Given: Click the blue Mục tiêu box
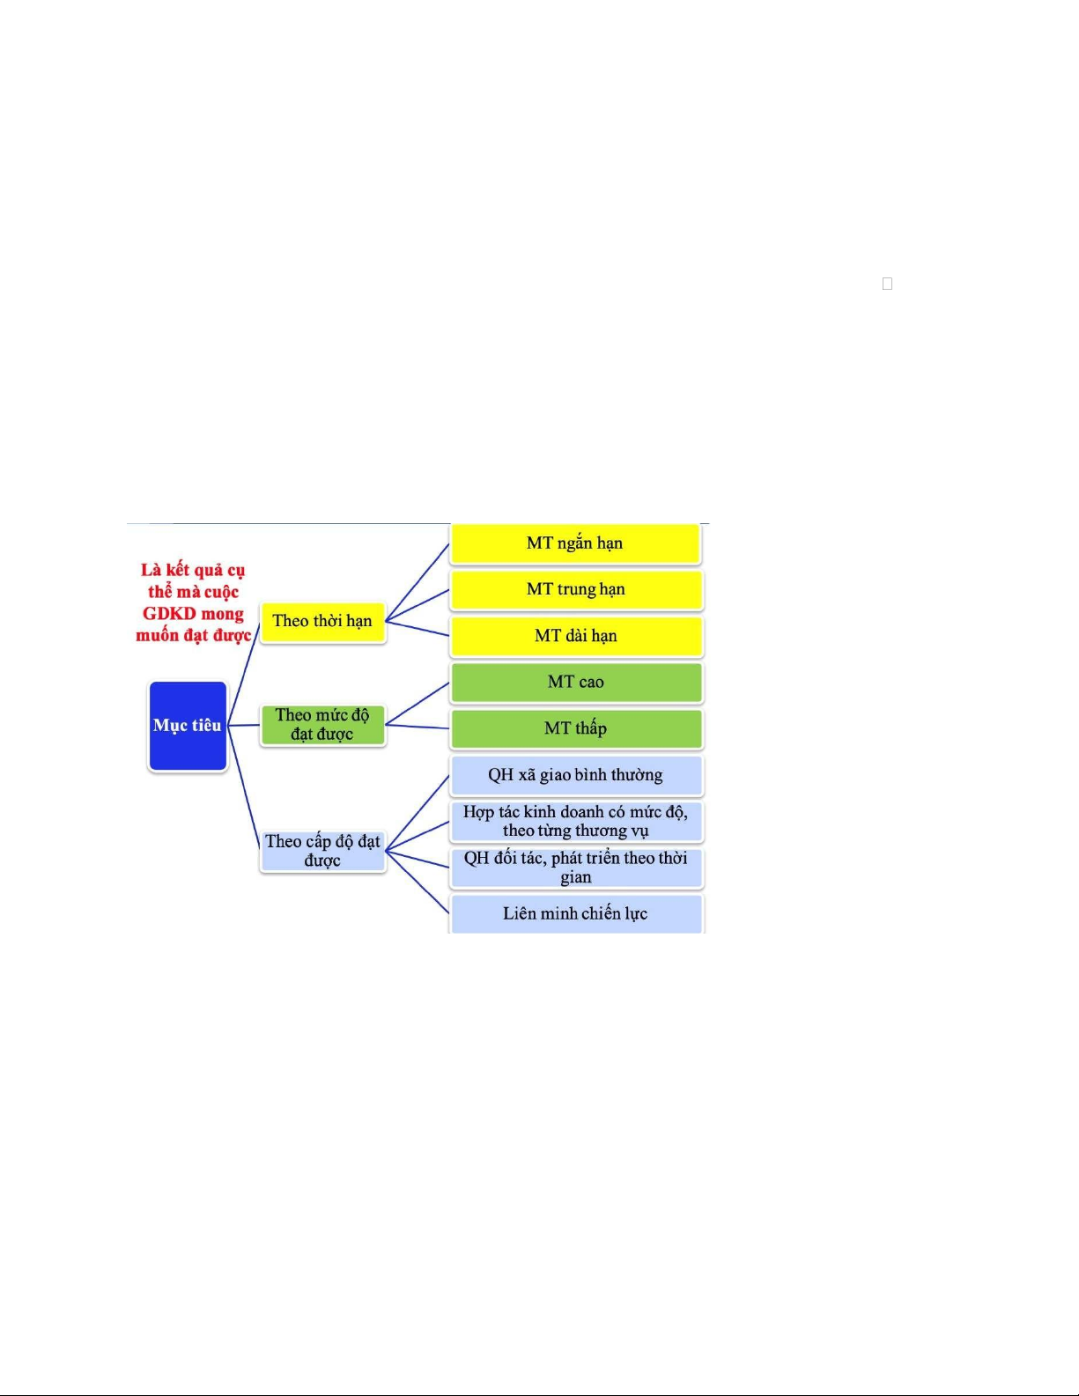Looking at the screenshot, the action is (188, 725).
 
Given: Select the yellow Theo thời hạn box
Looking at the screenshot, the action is (322, 621).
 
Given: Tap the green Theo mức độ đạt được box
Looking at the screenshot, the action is (322, 725).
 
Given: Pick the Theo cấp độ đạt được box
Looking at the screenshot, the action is (322, 851).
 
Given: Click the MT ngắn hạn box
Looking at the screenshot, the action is (575, 543).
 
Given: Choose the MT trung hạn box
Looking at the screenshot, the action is (576, 589).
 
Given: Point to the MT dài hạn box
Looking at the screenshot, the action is (576, 636).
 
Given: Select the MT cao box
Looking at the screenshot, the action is (576, 683).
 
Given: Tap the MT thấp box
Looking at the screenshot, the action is (576, 728).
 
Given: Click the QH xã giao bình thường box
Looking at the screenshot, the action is (576, 775).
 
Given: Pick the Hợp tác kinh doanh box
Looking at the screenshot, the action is (576, 821).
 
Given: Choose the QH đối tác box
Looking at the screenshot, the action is (576, 868).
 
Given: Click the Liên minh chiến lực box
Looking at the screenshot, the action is (576, 913).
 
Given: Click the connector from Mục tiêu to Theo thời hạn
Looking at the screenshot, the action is (243, 673).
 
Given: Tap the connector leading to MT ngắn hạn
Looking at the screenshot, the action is (418, 582).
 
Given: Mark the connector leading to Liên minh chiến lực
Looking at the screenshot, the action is (418, 882).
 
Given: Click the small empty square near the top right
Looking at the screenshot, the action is (888, 284).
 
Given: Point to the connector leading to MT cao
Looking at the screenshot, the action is (418, 704).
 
